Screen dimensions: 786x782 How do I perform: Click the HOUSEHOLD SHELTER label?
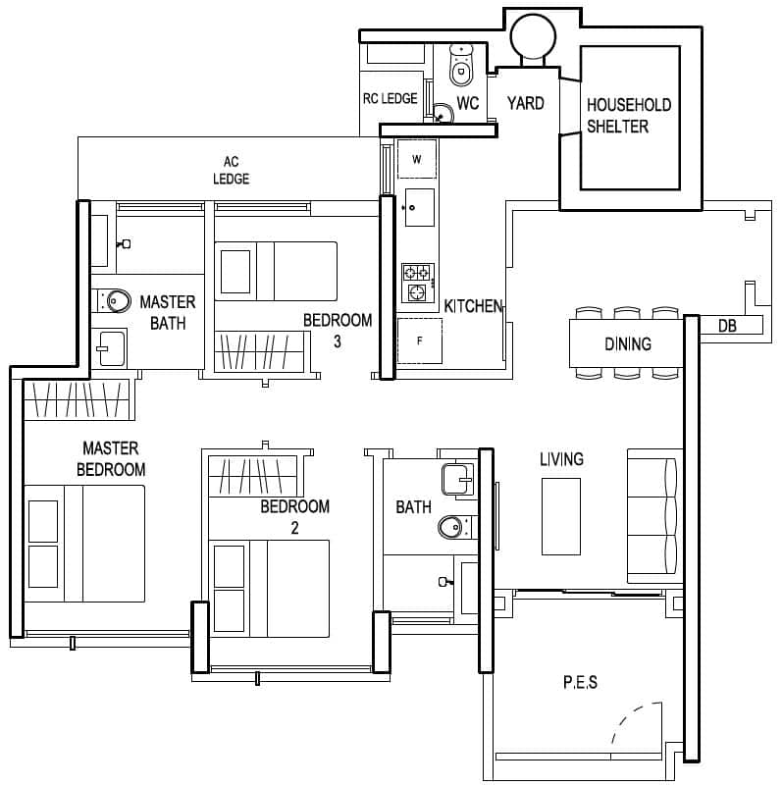pos(628,115)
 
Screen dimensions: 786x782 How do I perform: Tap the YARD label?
pos(525,103)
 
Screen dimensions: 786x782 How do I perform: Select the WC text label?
pos(468,103)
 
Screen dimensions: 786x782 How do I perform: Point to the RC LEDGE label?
pos(390,99)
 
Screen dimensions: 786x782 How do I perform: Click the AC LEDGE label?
pos(232,170)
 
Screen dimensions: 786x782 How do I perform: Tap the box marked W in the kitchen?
pos(417,159)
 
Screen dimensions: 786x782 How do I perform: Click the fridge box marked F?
pos(419,341)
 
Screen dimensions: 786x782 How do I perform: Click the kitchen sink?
pos(417,207)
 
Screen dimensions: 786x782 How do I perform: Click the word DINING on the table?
pos(627,343)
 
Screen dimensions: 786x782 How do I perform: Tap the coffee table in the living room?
pos(560,515)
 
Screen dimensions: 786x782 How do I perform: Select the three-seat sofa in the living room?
pos(653,516)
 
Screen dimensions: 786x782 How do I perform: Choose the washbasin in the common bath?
pos(456,480)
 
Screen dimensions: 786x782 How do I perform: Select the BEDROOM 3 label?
pos(337,330)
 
